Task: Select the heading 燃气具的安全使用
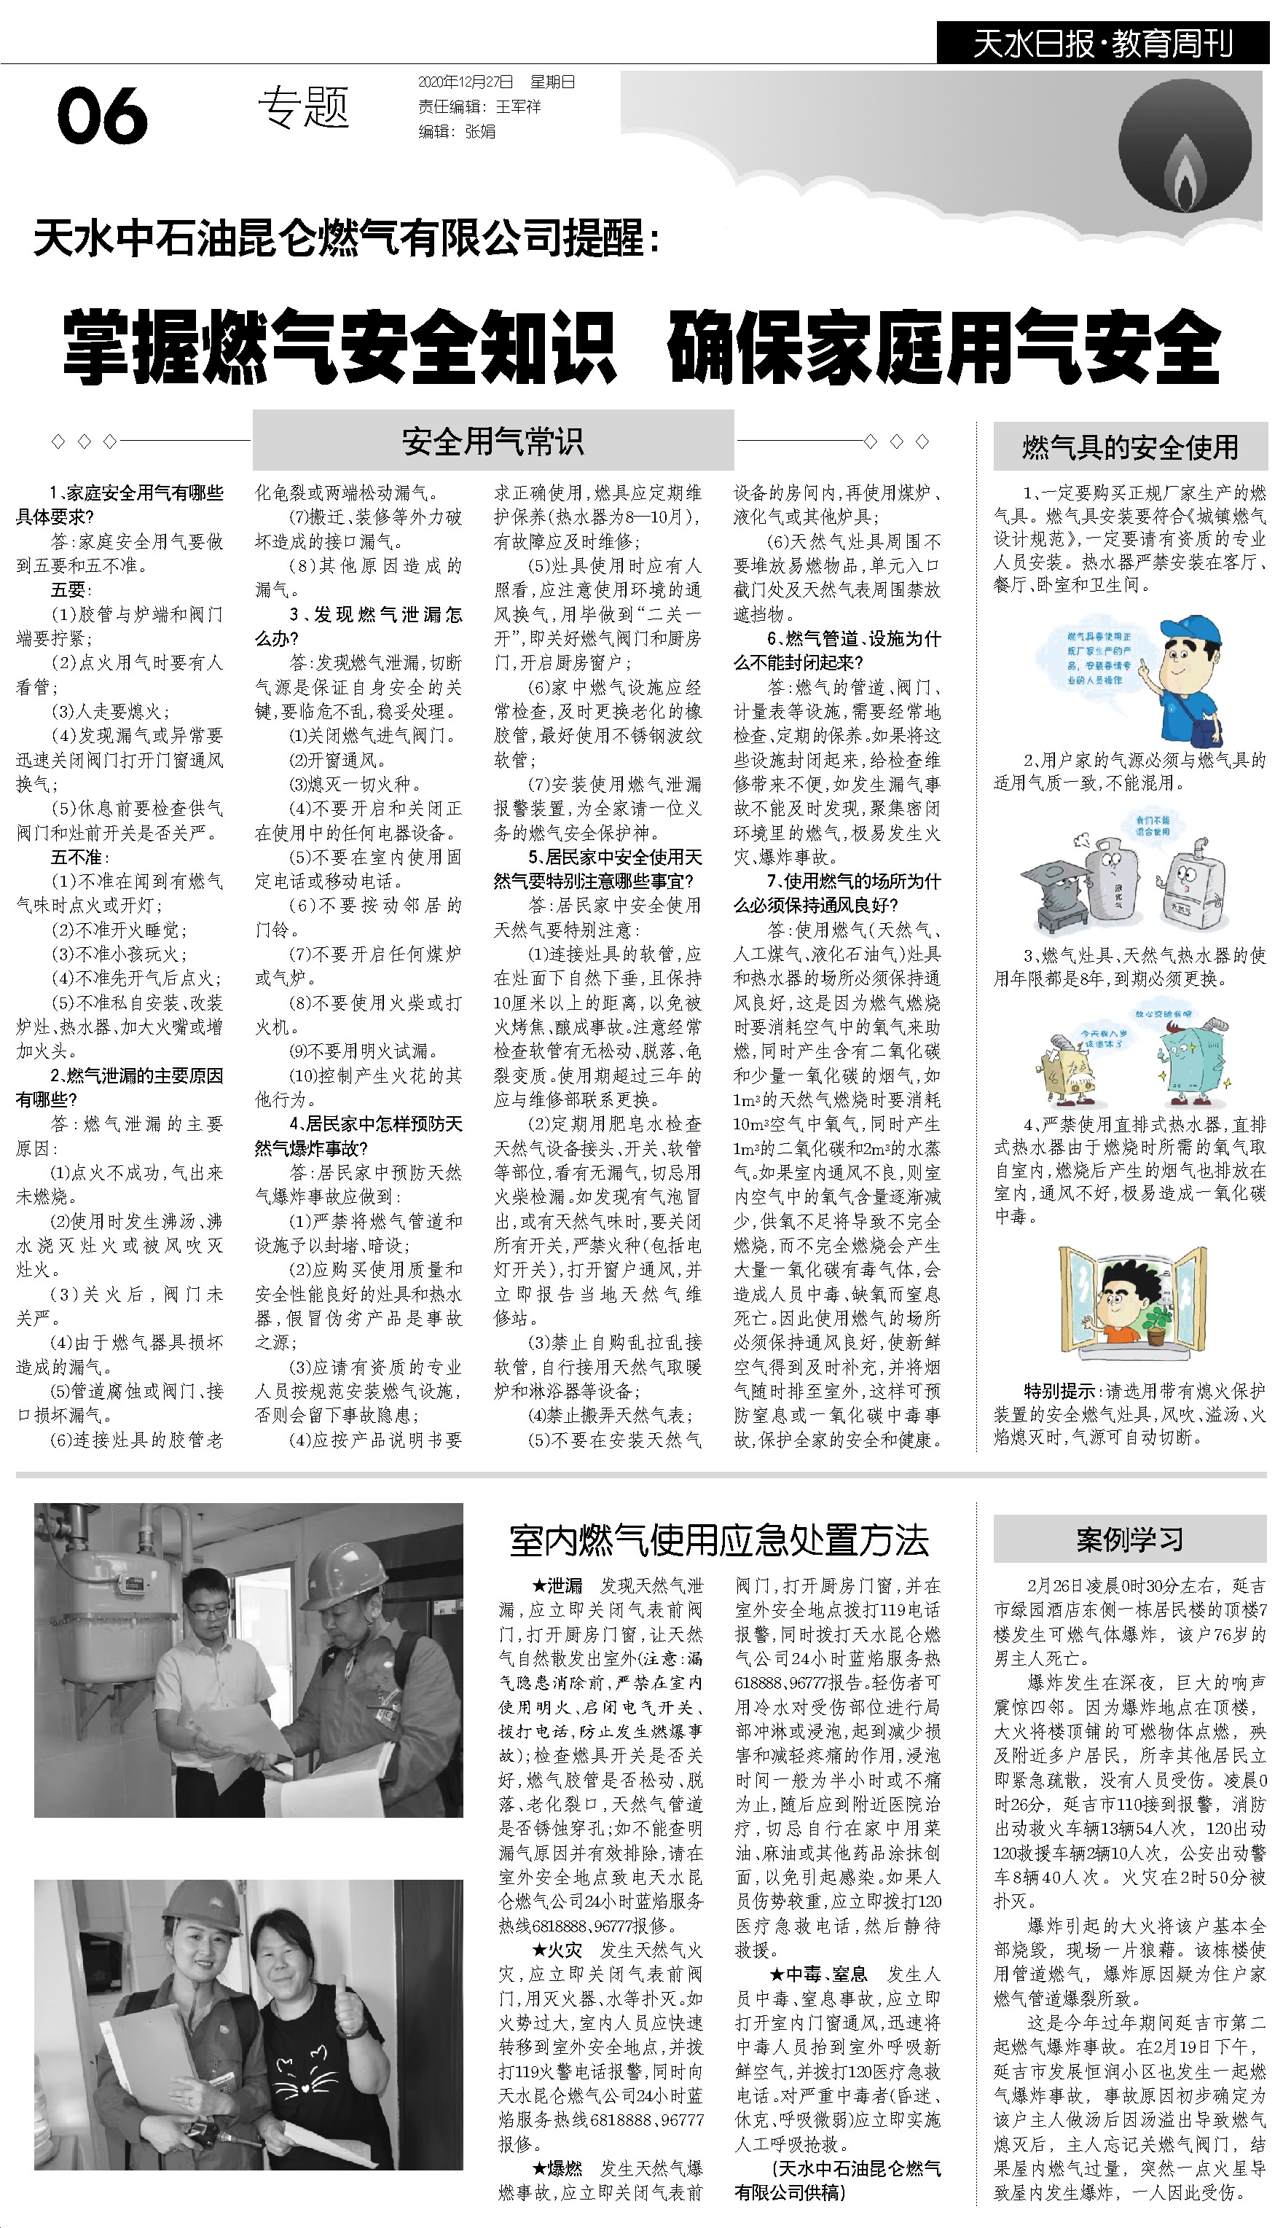click(1130, 447)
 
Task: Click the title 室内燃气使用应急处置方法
click(719, 1539)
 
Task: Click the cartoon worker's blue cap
click(1190, 632)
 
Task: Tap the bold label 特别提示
click(1059, 1391)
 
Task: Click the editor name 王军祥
click(518, 106)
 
